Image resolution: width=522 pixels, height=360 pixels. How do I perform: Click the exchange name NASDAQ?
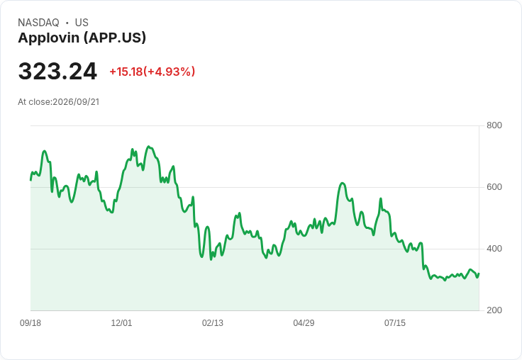point(38,23)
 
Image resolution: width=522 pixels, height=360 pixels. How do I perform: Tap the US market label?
point(82,23)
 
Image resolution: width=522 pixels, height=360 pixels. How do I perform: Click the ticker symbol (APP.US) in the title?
point(114,38)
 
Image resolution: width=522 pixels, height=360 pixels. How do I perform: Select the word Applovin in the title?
point(49,38)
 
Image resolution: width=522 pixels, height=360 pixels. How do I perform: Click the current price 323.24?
point(57,72)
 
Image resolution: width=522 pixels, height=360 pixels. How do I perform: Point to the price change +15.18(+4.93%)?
point(152,72)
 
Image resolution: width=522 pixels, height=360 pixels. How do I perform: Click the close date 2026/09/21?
point(76,102)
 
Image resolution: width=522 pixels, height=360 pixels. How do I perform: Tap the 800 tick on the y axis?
point(494,125)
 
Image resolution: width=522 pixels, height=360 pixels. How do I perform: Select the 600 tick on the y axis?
point(494,187)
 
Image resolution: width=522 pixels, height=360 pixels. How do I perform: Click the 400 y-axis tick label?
point(494,249)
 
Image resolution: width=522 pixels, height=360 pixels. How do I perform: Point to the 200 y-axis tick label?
point(494,310)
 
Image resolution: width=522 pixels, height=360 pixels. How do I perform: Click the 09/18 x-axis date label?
point(30,323)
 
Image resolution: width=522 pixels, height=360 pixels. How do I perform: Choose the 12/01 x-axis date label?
point(121,323)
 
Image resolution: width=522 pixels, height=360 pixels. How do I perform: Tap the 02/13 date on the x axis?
point(213,323)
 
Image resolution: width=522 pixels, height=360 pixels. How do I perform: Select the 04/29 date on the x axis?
point(304,323)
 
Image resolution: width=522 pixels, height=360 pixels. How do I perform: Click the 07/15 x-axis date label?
point(395,323)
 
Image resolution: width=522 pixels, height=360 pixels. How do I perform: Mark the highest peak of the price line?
point(149,147)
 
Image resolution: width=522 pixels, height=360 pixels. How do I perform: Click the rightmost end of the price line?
point(479,274)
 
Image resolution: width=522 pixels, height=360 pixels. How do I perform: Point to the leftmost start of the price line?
point(30,180)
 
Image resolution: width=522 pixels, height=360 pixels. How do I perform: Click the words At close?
point(34,102)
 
